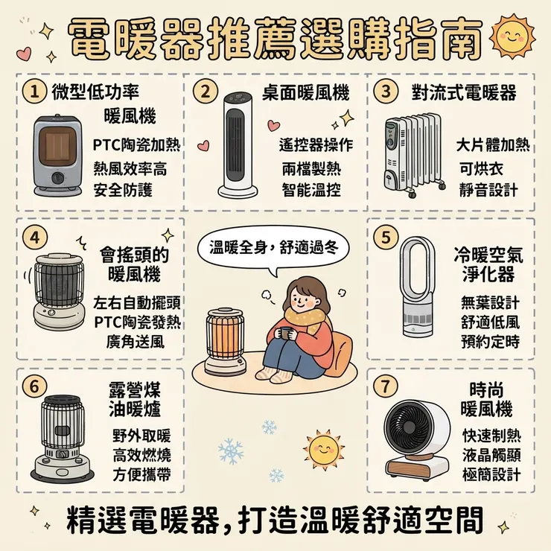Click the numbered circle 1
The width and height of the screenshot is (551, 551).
coord(34,92)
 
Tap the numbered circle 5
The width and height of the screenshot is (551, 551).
coord(386,238)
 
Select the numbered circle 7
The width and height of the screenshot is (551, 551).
coord(386,386)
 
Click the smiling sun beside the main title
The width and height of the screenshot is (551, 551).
coord(512,36)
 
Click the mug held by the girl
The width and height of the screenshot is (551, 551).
coord(284,332)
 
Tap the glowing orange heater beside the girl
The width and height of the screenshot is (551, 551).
coord(226,342)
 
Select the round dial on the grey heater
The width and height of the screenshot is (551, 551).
coord(58,177)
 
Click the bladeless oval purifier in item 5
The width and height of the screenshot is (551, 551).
coord(418,287)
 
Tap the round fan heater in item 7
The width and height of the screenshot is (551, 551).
coord(417,438)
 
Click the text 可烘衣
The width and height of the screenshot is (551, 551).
coord(481,169)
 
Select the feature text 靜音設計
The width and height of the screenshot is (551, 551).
coord(488,190)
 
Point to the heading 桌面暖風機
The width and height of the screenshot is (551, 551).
coord(306,93)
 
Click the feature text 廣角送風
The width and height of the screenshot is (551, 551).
coord(136,341)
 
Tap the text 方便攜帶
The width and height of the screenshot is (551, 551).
coord(141,474)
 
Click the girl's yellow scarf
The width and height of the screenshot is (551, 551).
coord(305,319)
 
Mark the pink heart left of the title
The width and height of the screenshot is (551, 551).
coord(24,54)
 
